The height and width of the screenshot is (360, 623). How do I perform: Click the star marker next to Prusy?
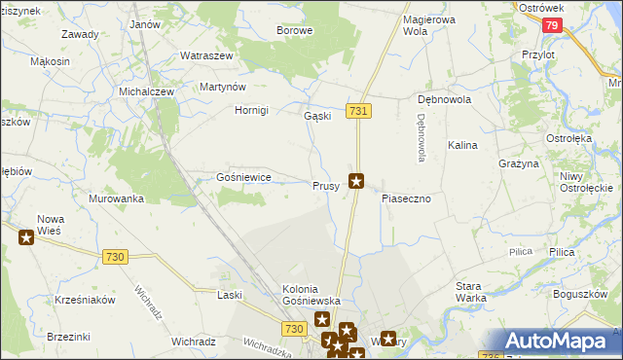click(x=357, y=180)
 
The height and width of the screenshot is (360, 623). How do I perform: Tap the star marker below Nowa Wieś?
click(x=25, y=236)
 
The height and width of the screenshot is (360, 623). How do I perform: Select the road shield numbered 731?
click(x=358, y=112)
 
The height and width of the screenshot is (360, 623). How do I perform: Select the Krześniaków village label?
click(x=86, y=300)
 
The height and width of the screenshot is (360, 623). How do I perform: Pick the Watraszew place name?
click(x=206, y=56)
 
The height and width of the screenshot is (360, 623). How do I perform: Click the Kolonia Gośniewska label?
click(x=311, y=295)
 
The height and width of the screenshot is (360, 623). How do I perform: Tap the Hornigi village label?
click(x=251, y=110)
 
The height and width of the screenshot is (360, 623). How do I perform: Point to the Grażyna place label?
click(x=519, y=164)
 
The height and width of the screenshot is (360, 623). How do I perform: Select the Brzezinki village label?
click(x=68, y=337)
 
